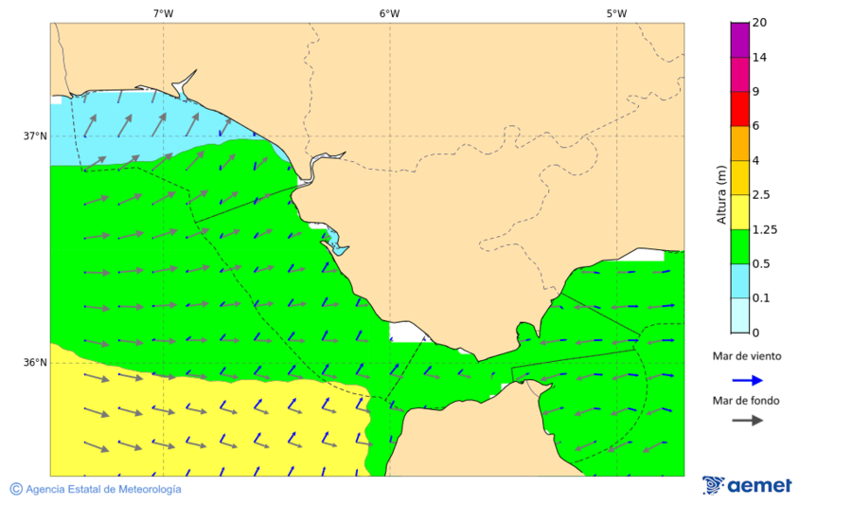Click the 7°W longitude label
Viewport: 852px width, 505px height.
click(x=163, y=13)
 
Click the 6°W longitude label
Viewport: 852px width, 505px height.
click(x=389, y=13)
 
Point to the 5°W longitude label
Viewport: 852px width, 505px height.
click(x=616, y=13)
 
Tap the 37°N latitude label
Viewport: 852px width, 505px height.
click(x=35, y=135)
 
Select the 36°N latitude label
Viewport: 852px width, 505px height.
click(x=35, y=363)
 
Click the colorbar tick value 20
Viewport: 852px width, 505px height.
click(x=759, y=23)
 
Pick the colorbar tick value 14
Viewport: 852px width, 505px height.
click(x=759, y=57)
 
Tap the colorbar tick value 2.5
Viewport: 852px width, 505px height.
click(x=760, y=195)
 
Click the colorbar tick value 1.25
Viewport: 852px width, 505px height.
click(x=763, y=229)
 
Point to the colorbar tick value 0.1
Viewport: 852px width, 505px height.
click(x=760, y=298)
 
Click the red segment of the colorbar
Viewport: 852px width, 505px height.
click(x=739, y=108)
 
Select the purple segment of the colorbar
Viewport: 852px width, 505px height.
click(x=739, y=40)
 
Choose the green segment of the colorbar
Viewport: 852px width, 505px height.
click(x=739, y=246)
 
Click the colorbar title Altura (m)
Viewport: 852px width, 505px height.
click(x=721, y=194)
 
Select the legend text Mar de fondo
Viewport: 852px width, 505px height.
click(x=747, y=400)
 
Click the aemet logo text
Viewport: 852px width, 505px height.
click(x=759, y=486)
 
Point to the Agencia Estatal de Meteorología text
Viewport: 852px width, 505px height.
click(x=103, y=489)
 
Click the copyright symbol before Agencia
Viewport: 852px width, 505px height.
click(x=16, y=489)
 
